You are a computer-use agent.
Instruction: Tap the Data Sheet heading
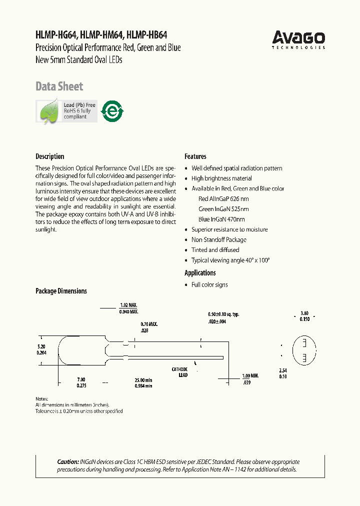(59, 86)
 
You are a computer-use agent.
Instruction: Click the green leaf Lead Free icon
(49, 111)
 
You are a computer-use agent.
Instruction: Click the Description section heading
(50, 156)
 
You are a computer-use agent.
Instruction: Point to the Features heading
(195, 156)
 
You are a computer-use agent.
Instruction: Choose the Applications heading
(200, 273)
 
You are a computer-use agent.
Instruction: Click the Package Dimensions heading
(61, 291)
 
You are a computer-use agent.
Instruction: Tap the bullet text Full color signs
(209, 285)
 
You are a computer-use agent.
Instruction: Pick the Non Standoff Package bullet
(219, 240)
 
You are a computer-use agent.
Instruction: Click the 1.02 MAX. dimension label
(128, 305)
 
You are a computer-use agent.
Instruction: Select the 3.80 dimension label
(304, 313)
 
